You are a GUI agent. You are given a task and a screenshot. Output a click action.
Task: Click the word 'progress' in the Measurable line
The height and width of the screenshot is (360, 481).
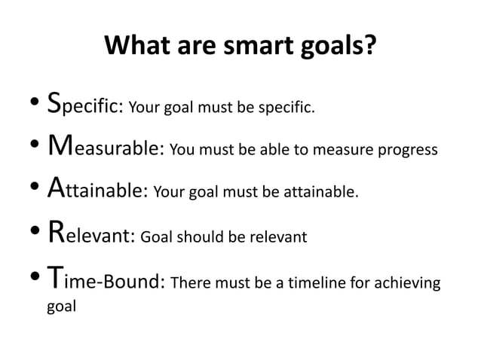(x=408, y=151)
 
